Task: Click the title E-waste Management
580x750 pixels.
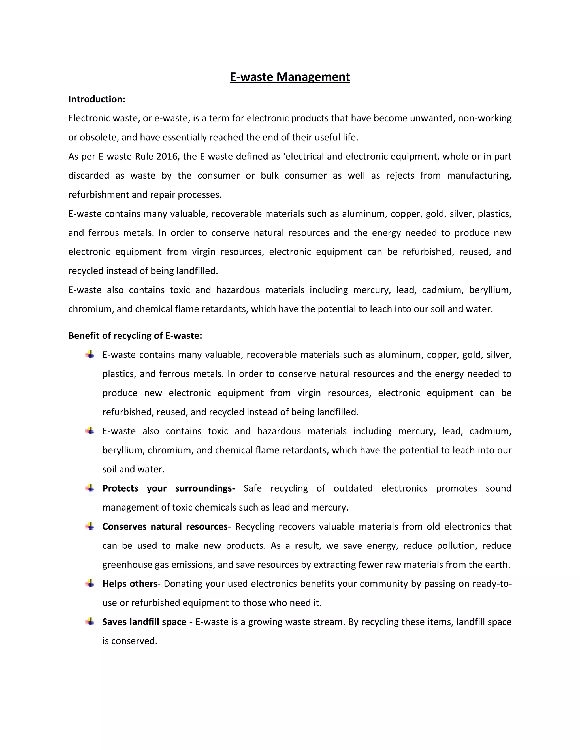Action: point(290,77)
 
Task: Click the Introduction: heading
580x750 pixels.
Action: point(97,99)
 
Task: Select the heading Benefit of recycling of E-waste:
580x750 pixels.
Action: point(135,335)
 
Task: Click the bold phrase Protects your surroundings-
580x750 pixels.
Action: point(169,488)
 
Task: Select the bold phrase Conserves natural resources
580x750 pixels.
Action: point(165,526)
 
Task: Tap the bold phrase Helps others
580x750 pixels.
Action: point(129,584)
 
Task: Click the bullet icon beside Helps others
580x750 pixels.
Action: point(90,584)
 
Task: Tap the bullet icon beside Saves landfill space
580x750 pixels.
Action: point(90,622)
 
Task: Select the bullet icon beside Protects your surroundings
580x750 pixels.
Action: point(90,488)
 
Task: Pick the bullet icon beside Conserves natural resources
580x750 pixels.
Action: point(90,526)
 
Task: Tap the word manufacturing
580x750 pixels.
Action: point(479,176)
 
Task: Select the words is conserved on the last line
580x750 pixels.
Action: point(129,641)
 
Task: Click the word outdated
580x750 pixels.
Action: point(353,488)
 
